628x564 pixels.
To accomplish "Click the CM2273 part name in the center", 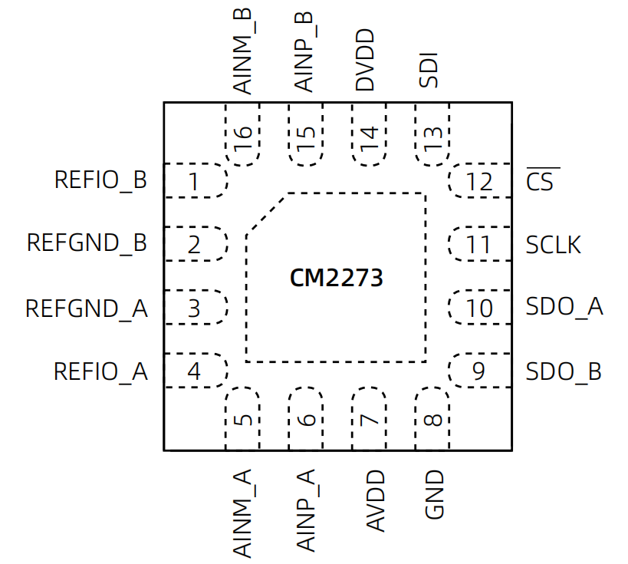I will click(x=336, y=278).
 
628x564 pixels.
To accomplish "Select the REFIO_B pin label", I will click(x=100, y=180).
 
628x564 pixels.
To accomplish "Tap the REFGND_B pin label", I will click(x=87, y=243).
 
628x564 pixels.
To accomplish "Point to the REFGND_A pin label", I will click(x=87, y=308).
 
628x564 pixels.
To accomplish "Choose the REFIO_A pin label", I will click(x=100, y=372).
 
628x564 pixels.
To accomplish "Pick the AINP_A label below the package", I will click(x=306, y=510).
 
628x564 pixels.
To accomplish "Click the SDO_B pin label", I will click(x=564, y=372).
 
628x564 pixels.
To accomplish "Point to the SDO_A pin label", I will click(x=564, y=307).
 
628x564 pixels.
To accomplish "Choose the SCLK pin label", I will click(x=554, y=245).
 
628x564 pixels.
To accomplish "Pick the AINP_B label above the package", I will click(x=305, y=51).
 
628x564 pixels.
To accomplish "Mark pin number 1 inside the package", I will click(x=194, y=183).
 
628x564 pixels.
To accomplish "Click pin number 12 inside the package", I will click(x=479, y=183).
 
